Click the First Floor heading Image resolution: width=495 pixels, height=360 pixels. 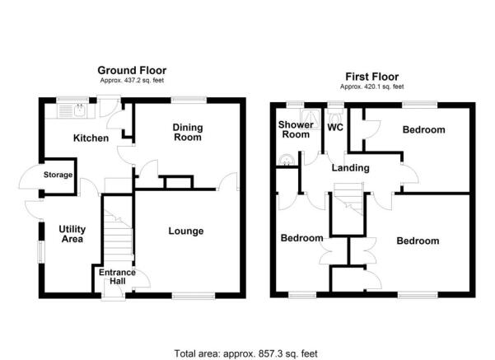[373, 76]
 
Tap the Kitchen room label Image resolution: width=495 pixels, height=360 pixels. [91, 138]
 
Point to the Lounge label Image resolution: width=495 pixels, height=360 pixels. [186, 231]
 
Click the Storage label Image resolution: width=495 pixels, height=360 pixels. [58, 175]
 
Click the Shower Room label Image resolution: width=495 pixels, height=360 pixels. [294, 130]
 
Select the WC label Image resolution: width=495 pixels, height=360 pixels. [335, 129]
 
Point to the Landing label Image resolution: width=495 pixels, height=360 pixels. [350, 168]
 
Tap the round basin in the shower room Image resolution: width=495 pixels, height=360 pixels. [286, 161]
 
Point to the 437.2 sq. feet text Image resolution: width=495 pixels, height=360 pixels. [131, 82]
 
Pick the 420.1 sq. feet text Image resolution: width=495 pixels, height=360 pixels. [373, 86]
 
